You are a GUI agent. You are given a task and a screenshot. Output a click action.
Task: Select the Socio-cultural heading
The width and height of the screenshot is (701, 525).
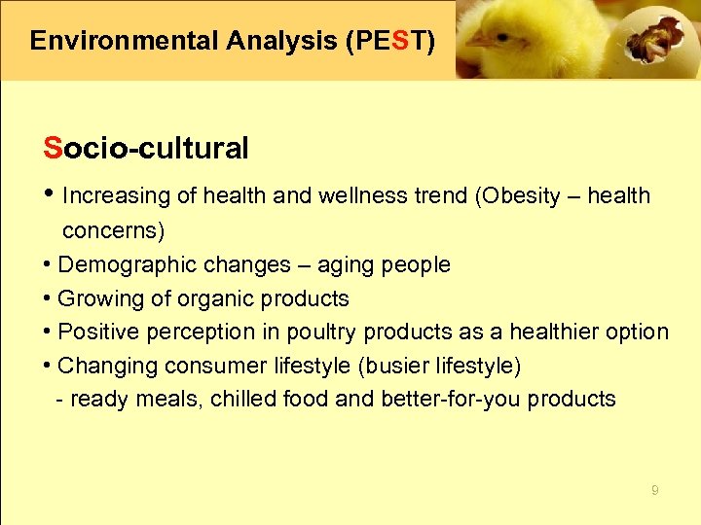[x=146, y=149]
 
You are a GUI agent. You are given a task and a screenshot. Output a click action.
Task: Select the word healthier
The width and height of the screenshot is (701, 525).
[x=547, y=332]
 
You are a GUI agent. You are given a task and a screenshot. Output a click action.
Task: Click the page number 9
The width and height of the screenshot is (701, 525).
[x=654, y=491]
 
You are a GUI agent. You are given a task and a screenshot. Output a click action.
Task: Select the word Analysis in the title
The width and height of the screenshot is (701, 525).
[x=275, y=41]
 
